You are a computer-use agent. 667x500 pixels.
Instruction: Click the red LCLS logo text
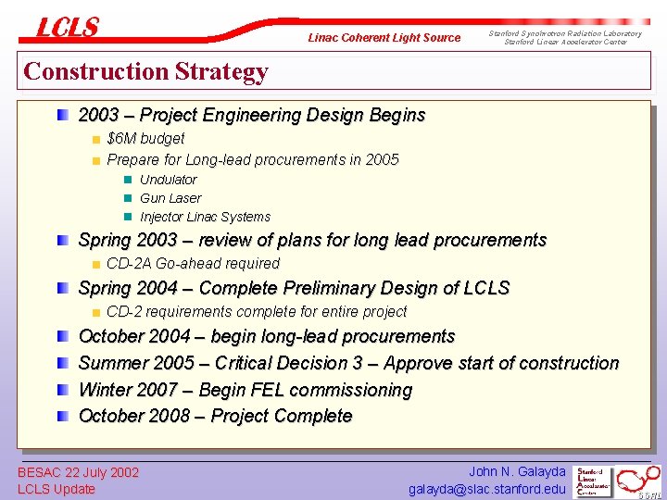67,28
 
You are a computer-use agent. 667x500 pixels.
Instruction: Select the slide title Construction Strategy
145,71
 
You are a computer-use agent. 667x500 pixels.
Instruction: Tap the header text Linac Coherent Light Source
384,38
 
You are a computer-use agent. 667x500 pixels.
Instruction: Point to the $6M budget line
145,138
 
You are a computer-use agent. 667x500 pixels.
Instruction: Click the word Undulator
168,180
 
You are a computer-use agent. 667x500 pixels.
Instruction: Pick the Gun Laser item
170,198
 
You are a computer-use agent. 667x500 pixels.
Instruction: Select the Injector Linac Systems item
205,217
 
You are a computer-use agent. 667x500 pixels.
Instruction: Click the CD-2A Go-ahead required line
193,263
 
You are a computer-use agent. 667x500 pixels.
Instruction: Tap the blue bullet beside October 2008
62,417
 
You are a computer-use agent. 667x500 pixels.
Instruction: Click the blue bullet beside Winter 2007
62,390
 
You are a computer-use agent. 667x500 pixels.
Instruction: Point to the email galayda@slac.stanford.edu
486,489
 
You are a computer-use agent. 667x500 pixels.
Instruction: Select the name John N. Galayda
517,472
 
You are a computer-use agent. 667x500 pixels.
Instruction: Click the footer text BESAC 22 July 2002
79,472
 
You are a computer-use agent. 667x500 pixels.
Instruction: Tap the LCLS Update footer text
57,489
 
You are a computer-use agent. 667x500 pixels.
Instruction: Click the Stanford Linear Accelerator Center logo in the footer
594,481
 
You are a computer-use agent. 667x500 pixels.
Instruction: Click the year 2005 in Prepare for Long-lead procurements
382,159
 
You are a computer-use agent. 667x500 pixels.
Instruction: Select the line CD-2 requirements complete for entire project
257,311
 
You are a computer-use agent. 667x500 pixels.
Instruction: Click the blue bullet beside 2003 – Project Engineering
62,116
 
